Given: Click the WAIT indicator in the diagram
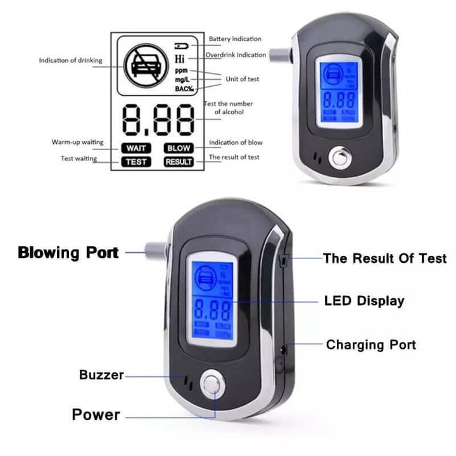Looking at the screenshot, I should click(x=136, y=148).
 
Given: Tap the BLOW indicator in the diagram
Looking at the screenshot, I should click(x=179, y=148).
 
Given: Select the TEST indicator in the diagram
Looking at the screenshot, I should click(x=136, y=161).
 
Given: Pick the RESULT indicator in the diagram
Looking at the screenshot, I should click(x=179, y=161).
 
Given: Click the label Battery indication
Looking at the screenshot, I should click(x=235, y=39).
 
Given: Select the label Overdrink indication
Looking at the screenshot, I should click(x=236, y=55).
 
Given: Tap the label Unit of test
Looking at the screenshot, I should click(x=243, y=79).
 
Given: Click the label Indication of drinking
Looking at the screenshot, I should click(x=70, y=61).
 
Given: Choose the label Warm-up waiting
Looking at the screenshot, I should click(x=77, y=142).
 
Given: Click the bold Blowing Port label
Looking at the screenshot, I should click(x=68, y=253).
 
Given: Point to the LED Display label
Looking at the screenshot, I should click(x=364, y=301).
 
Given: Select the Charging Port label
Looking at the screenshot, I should click(x=370, y=345).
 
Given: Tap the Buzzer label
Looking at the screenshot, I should click(x=101, y=375).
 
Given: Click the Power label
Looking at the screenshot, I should click(x=96, y=415).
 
